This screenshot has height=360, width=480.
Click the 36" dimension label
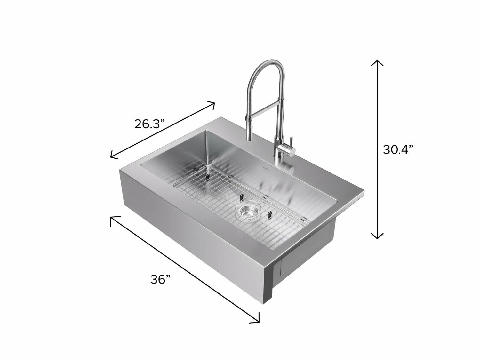(160, 279)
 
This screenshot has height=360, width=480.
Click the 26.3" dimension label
(149, 124)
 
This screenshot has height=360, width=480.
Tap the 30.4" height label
(398, 149)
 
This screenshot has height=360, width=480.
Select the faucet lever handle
(291, 141)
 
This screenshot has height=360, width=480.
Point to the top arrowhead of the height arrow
(377, 61)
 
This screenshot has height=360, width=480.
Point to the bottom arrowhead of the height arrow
(377, 237)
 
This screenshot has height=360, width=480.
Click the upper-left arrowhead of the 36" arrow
(112, 218)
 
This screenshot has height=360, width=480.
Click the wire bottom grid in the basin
(237, 205)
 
